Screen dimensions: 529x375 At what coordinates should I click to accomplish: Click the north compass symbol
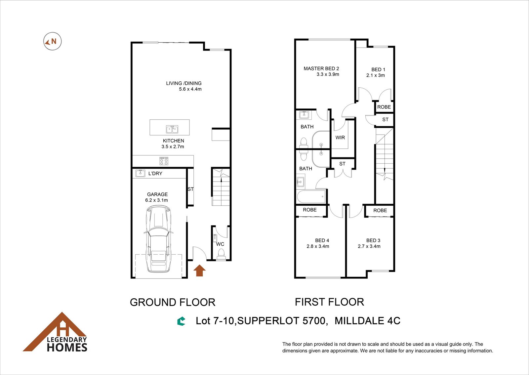53,41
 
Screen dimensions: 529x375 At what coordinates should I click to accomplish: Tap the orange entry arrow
200,271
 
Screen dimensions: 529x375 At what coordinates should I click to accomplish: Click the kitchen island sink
172,129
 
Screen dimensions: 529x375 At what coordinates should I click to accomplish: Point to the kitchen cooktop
164,161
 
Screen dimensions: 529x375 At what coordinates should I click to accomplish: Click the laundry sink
140,173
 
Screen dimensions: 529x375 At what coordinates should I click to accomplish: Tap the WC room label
220,244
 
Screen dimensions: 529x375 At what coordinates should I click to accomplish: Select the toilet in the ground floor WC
221,254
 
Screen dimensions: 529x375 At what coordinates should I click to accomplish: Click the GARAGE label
157,194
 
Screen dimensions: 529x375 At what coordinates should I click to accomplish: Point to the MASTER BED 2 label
321,68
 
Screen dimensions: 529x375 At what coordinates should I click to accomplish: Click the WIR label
340,138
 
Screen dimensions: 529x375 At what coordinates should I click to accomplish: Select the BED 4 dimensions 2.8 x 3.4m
318,246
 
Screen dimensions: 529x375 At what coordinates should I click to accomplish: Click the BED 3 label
373,240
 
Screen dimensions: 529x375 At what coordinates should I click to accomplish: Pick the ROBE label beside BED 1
384,107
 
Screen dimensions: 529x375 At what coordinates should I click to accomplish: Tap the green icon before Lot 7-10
182,321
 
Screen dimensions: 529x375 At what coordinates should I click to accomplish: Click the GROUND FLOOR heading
173,302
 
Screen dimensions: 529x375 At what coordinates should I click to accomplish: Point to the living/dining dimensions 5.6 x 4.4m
190,89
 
